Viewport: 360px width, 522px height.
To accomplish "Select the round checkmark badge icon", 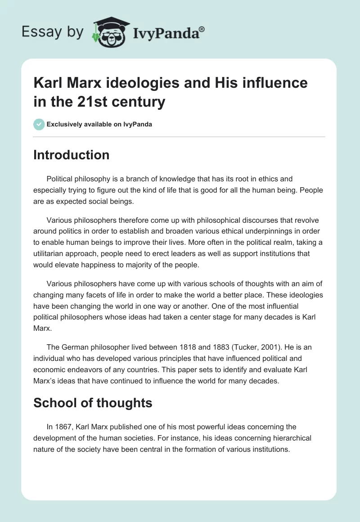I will (39, 124).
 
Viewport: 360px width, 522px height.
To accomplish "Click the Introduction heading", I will (71, 155).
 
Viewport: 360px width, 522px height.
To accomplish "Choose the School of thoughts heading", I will (93, 403).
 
